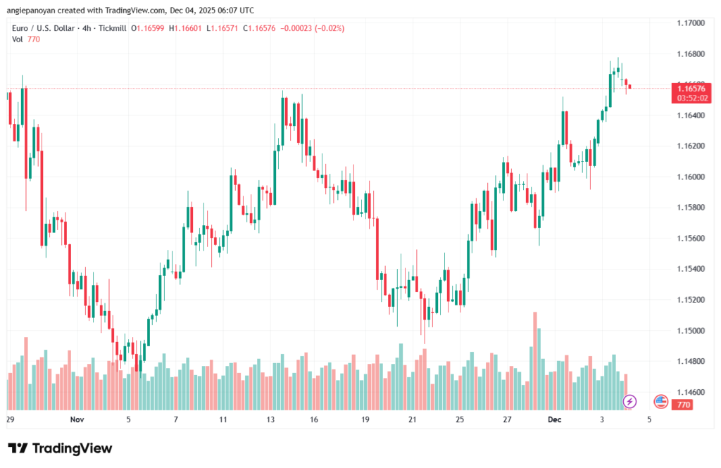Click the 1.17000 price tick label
(x=689, y=23)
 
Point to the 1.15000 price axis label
(x=689, y=331)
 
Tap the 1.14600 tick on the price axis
(x=689, y=392)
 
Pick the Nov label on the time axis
(x=77, y=419)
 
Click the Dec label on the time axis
(x=556, y=419)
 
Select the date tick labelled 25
(x=460, y=419)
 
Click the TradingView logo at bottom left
(x=60, y=449)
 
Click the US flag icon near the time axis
(x=660, y=402)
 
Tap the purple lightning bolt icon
(x=630, y=402)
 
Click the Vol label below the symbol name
(x=18, y=39)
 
